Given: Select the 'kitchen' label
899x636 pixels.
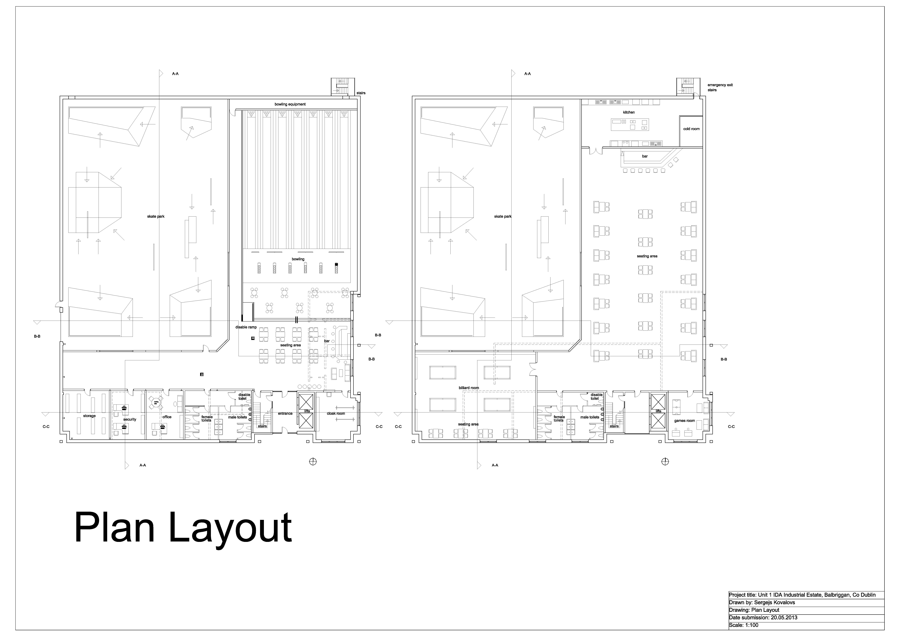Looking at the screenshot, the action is (x=629, y=112).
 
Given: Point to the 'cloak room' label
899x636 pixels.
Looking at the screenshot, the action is (x=336, y=414).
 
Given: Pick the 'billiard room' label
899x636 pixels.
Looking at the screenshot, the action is (x=469, y=388).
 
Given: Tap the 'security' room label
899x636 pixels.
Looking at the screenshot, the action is (x=130, y=419).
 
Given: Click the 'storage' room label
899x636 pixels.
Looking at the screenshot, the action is (x=89, y=416).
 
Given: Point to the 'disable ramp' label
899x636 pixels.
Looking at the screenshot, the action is (x=246, y=327).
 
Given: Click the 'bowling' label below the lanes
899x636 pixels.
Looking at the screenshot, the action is (x=298, y=259).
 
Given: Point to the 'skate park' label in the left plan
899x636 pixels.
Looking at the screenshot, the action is (x=156, y=217).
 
